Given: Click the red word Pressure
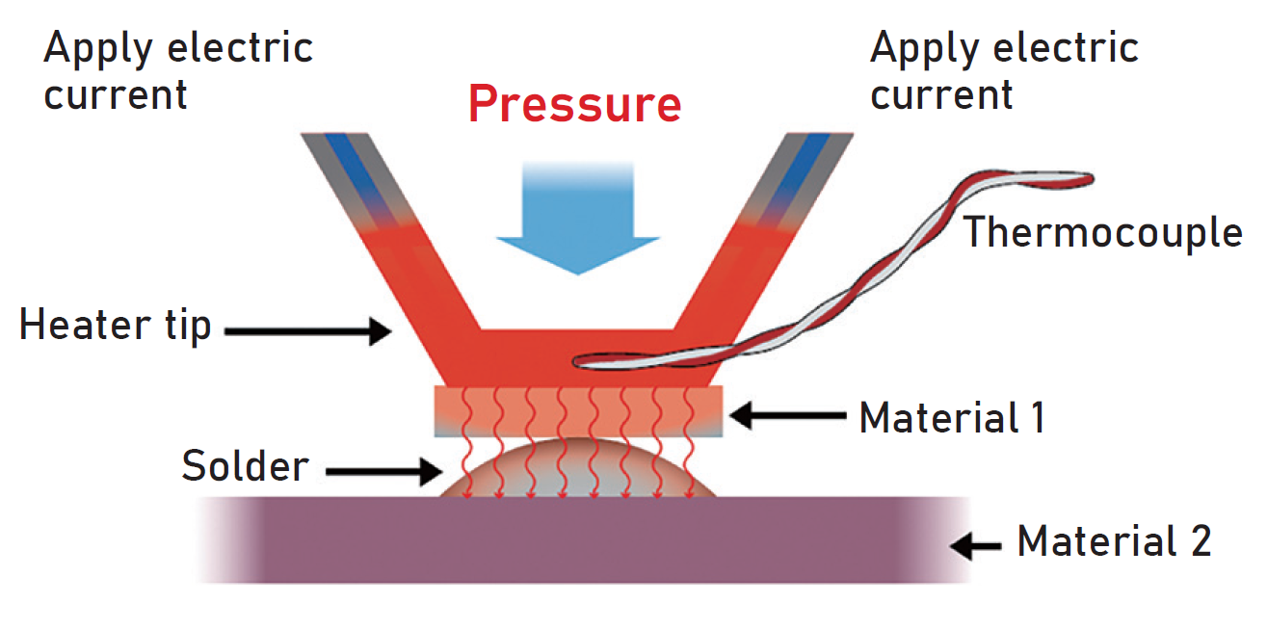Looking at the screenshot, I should tap(575, 103).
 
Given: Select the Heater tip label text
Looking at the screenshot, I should tap(116, 326).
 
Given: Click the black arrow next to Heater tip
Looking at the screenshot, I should tap(307, 332).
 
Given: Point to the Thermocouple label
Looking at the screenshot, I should tap(1103, 232).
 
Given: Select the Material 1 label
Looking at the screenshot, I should tap(952, 418).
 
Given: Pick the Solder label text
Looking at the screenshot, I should tap(246, 467).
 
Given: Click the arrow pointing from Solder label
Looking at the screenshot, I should tap(381, 471).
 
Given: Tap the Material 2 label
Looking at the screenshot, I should tap(1114, 541).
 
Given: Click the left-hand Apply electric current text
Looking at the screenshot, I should tap(178, 71).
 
